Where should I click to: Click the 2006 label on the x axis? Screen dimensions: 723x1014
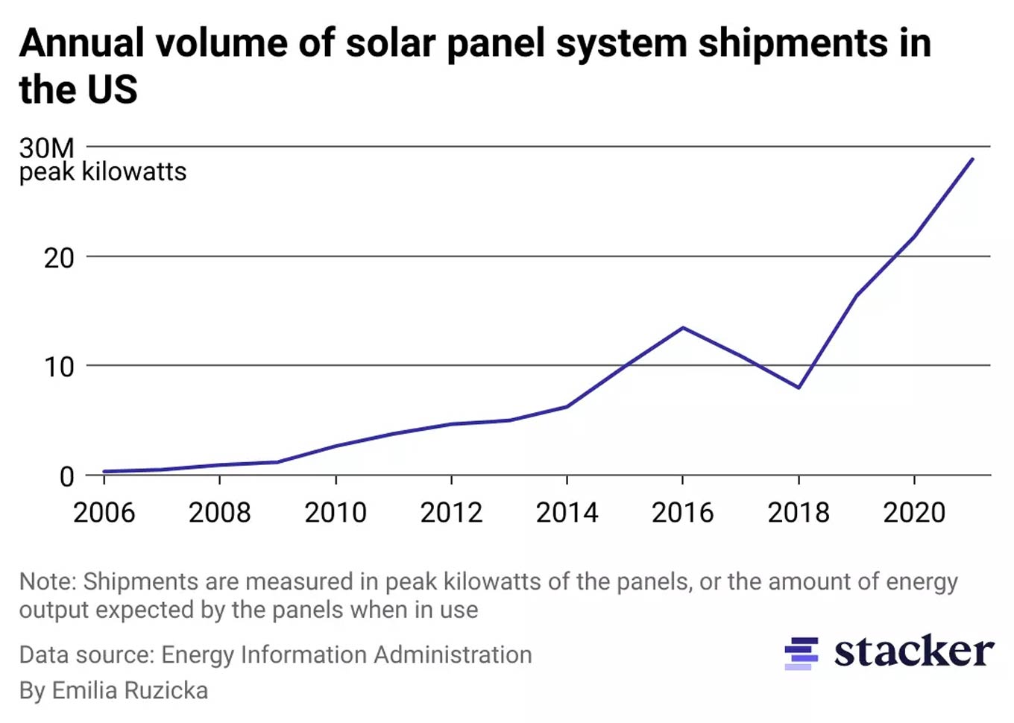coord(104,512)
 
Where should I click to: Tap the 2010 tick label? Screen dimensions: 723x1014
coord(336,512)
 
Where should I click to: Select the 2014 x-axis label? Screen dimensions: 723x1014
coord(567,512)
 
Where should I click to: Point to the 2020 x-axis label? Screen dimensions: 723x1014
coord(914,512)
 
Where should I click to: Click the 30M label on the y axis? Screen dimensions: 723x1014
coord(46,148)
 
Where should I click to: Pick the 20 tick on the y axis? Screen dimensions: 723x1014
coord(59,258)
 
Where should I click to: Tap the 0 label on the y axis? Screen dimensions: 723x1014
coord(66,476)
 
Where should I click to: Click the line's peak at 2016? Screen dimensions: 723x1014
coord(683,328)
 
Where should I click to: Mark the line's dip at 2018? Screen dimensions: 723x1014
coord(799,388)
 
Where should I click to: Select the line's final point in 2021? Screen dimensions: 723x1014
coord(972,159)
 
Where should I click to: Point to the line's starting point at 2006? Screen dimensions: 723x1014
coord(104,472)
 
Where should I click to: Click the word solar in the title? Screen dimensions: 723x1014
coord(390,43)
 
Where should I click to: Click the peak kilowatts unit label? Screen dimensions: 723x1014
coord(103,172)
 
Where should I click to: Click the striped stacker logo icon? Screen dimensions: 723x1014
coord(801,653)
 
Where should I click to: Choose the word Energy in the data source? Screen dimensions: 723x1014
coord(198,654)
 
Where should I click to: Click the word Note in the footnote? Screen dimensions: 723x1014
coord(47,581)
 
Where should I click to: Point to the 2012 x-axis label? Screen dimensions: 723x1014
coord(451,512)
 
